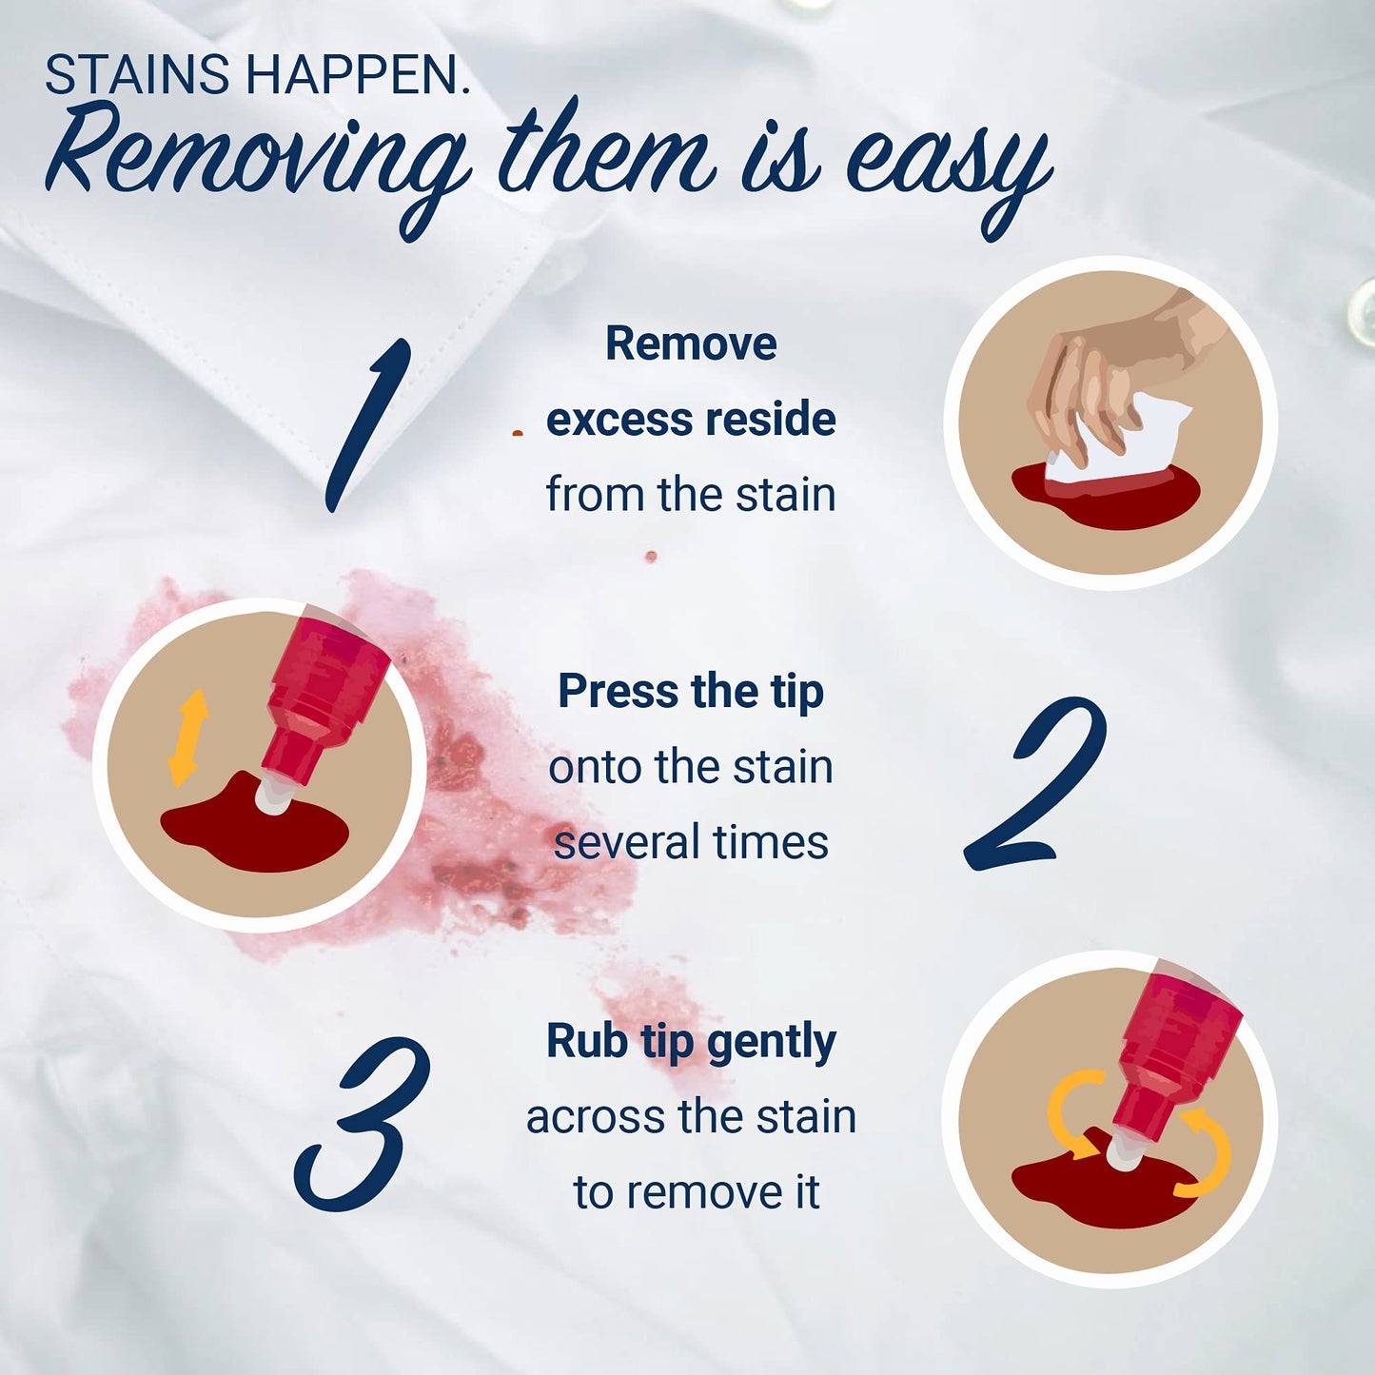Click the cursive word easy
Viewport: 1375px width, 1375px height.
[949, 171]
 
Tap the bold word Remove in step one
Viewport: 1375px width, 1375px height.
[691, 344]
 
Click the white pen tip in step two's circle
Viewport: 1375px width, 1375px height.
[274, 795]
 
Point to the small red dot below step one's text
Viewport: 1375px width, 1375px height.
[651, 557]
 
